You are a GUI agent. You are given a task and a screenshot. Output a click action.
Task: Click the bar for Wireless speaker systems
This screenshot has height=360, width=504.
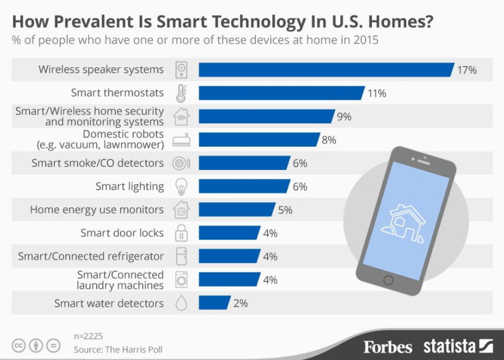tap(326, 70)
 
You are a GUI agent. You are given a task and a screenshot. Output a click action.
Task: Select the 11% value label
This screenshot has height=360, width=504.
tap(377, 93)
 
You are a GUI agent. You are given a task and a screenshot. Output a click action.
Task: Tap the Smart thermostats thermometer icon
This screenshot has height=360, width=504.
tap(181, 93)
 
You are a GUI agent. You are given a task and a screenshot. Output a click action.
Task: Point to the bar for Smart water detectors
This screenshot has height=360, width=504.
tap(214, 303)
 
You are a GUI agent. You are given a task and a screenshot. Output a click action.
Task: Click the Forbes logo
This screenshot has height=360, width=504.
tap(388, 347)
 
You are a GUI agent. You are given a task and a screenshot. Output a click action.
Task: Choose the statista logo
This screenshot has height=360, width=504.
tap(458, 346)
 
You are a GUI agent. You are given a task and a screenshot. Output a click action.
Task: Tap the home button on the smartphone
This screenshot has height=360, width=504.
tap(388, 281)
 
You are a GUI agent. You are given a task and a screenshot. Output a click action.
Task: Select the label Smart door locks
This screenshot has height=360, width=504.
tap(122, 233)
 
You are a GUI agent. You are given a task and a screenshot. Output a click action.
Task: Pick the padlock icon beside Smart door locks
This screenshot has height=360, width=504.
tap(181, 233)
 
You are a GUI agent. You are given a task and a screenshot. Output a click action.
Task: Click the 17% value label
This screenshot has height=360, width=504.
tap(467, 70)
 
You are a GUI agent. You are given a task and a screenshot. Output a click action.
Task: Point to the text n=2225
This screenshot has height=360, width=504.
tap(89, 336)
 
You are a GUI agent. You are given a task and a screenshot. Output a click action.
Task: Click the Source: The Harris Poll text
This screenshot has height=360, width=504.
tap(118, 350)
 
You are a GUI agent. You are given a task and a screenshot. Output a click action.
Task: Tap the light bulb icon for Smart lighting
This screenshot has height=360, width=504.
tap(181, 187)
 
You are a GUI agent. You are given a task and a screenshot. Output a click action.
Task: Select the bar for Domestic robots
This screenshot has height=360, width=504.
tap(258, 140)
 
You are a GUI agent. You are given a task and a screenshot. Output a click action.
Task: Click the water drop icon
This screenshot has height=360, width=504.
tap(181, 304)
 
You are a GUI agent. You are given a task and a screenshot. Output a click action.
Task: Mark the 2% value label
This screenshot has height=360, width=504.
tap(240, 303)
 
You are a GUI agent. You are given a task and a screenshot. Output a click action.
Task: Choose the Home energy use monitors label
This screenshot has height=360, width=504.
tap(97, 210)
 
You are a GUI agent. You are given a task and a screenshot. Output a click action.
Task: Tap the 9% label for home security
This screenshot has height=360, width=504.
tap(344, 117)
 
